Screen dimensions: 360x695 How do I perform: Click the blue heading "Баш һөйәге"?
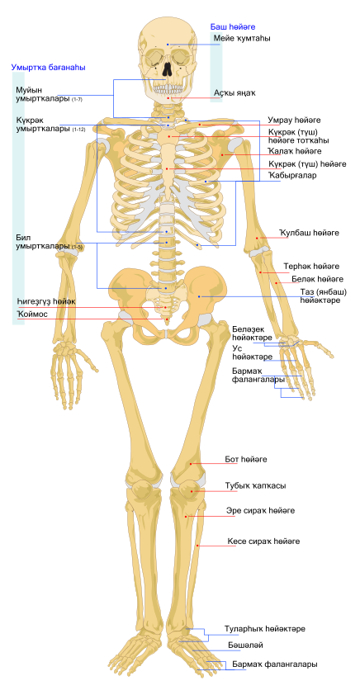232,27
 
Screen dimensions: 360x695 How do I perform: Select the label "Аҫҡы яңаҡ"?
235,93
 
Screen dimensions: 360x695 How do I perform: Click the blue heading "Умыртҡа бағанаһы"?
49,68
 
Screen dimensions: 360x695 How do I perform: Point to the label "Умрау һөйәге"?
295,121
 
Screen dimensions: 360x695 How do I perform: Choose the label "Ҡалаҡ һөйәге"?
295,151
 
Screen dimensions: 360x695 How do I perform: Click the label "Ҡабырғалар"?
292,176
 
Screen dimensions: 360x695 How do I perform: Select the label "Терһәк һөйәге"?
311,267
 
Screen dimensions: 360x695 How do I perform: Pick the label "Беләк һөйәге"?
317,279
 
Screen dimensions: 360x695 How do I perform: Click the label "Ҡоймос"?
32,314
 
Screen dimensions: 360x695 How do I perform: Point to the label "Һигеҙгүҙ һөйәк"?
46,302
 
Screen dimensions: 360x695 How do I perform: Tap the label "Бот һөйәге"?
246,460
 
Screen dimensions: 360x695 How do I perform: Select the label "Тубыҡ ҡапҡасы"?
255,486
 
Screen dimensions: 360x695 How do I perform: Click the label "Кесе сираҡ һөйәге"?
263,541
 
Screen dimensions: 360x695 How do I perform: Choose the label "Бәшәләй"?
241,645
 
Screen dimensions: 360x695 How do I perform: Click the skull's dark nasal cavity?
167,69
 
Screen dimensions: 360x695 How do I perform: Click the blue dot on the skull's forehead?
168,45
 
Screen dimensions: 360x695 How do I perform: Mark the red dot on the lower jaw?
168,98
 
